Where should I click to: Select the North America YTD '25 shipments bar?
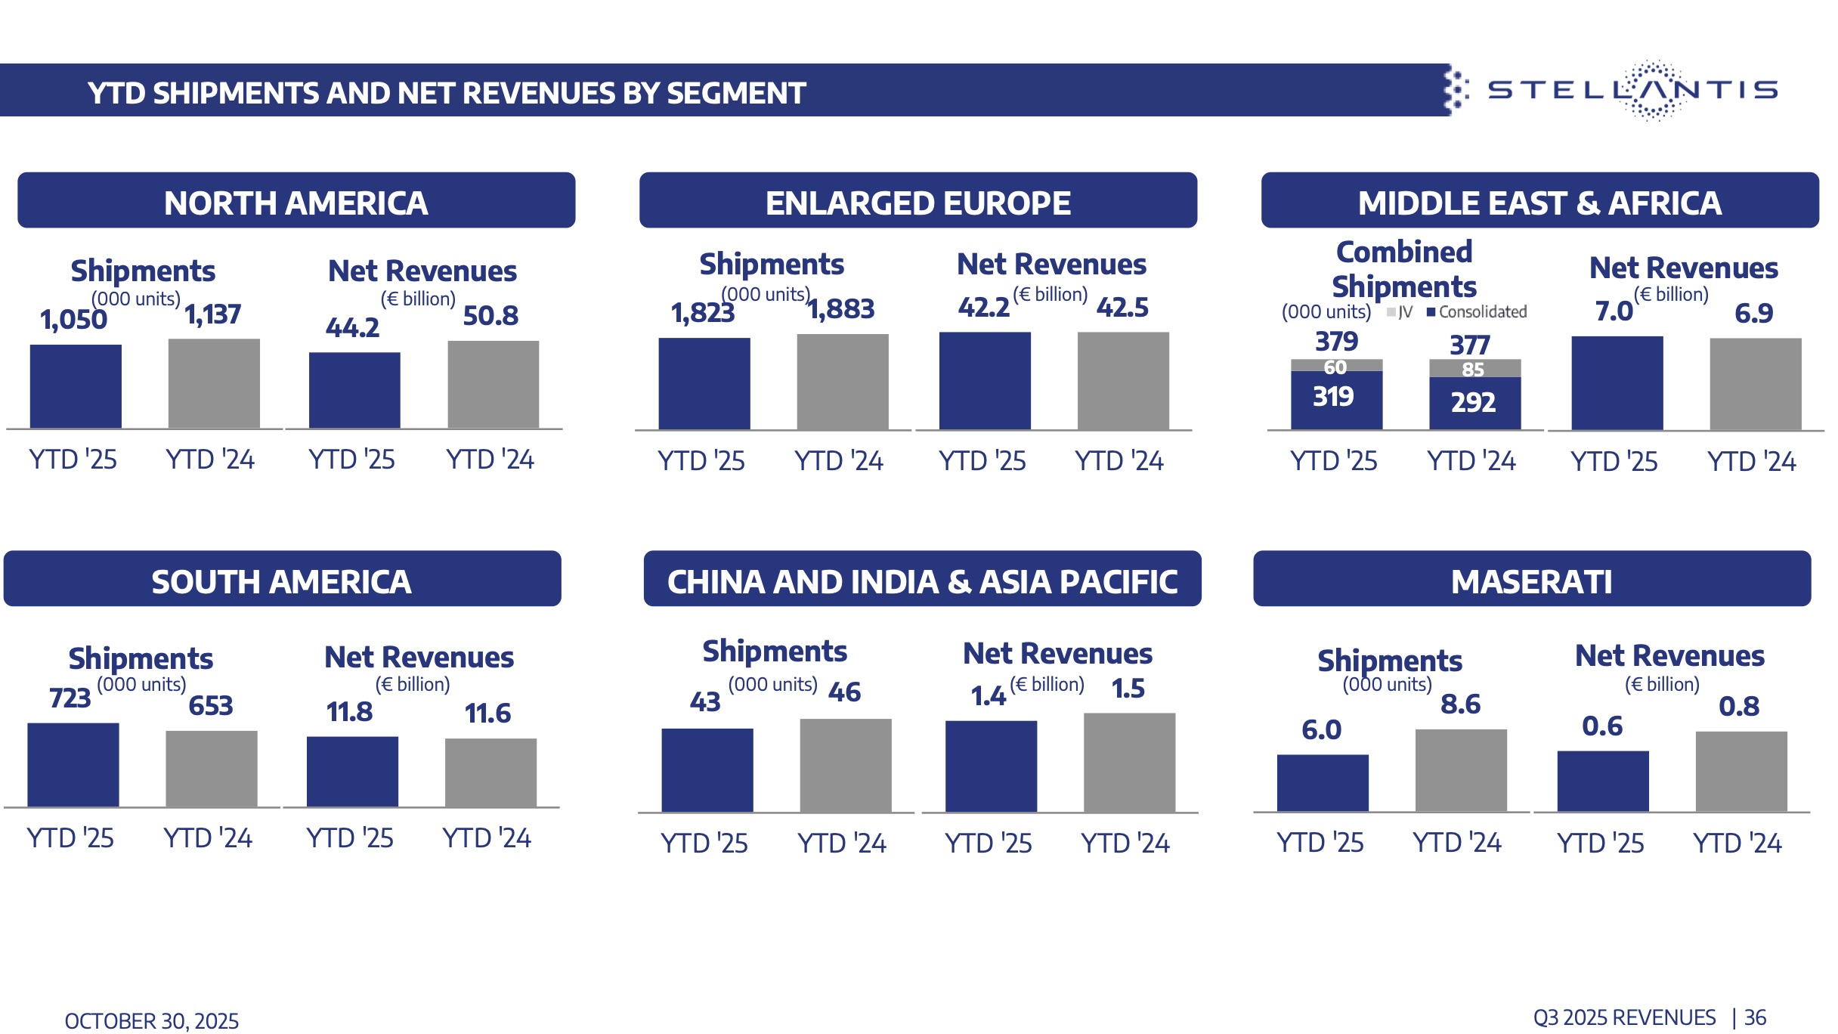pos(76,386)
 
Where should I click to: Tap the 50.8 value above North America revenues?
pos(490,315)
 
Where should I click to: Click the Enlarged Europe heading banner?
pos(917,201)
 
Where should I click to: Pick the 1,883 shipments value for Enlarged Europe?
pos(842,309)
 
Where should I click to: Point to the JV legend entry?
pos(1400,312)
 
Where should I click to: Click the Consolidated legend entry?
pos(1477,312)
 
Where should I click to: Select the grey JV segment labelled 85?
pos(1474,369)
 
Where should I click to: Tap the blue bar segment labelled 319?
pos(1336,398)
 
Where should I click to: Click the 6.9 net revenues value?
pos(1753,313)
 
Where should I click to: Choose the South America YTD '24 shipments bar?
pos(211,768)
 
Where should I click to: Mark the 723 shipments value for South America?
pos(70,698)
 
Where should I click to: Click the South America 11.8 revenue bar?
pos(352,771)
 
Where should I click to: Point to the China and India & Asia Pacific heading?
pos(922,580)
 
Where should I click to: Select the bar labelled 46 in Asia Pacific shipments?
pos(845,765)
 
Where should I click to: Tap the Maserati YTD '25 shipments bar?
pos(1322,782)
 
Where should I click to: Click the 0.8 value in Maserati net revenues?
pos(1739,707)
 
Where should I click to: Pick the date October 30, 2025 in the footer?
pos(152,1021)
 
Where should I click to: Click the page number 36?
pos(1756,1017)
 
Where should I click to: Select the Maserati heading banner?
pos(1531,580)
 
